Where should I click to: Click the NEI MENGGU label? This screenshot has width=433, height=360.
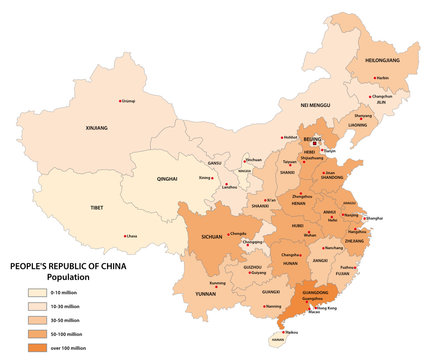pyautogui.click(x=316, y=104)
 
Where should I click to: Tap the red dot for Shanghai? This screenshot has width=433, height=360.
pyautogui.click(x=363, y=218)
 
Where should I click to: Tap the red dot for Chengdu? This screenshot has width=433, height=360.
pyautogui.click(x=227, y=235)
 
